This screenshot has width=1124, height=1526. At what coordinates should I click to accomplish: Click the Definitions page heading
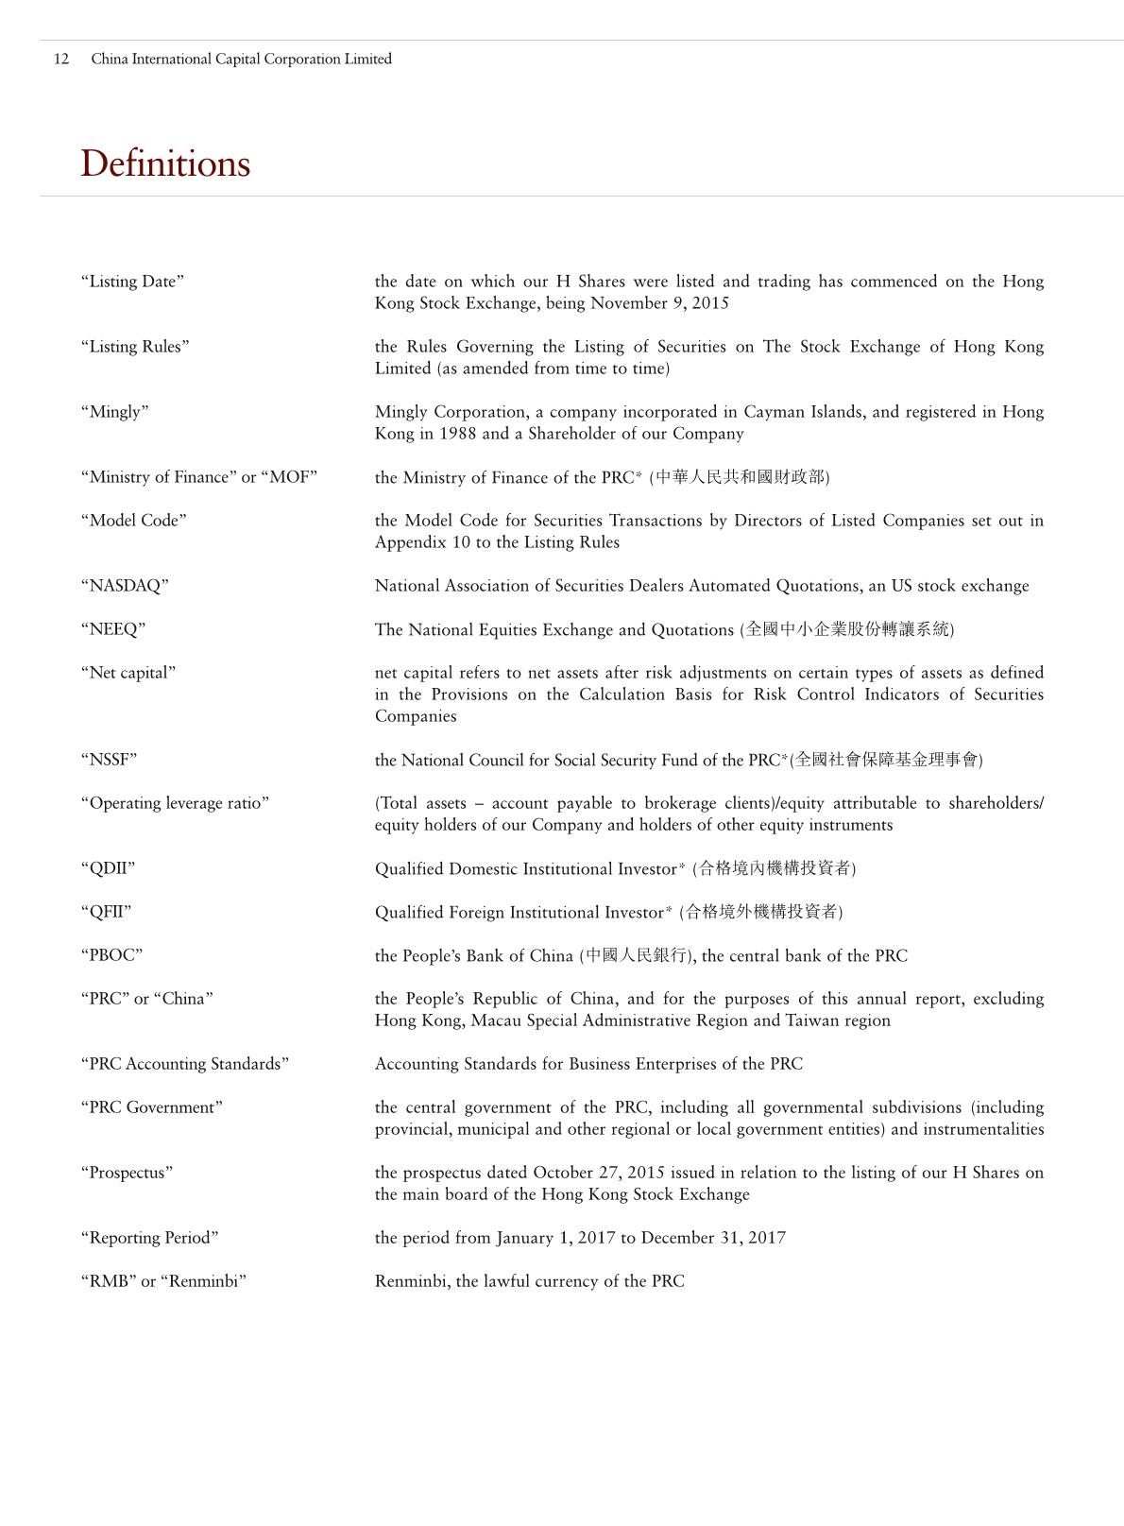pyautogui.click(x=165, y=163)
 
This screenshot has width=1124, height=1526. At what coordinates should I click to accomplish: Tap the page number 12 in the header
pyautogui.click(x=61, y=59)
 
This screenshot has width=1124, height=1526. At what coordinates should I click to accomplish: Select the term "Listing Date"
pyautogui.click(x=132, y=282)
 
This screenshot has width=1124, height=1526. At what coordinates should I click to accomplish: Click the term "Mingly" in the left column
pyautogui.click(x=114, y=412)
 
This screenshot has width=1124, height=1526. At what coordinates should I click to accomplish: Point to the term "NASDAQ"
pyautogui.click(x=125, y=586)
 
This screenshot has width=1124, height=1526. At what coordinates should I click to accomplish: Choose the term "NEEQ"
pyautogui.click(x=113, y=629)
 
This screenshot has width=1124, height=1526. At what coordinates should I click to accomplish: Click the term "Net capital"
pyautogui.click(x=128, y=673)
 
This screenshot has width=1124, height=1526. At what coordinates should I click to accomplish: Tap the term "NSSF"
pyautogui.click(x=109, y=760)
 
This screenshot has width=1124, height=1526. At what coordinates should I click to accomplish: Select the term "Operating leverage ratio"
pyautogui.click(x=175, y=803)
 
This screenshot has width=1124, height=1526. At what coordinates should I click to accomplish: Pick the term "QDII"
pyautogui.click(x=108, y=868)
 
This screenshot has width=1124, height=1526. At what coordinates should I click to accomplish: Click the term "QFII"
pyautogui.click(x=106, y=912)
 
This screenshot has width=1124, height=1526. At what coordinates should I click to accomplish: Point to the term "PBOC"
pyautogui.click(x=111, y=955)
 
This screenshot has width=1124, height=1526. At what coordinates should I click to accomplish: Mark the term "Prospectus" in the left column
pyautogui.click(x=127, y=1173)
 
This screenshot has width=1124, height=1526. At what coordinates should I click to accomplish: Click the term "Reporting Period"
pyautogui.click(x=149, y=1238)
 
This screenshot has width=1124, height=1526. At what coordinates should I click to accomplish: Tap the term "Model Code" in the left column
pyautogui.click(x=133, y=521)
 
